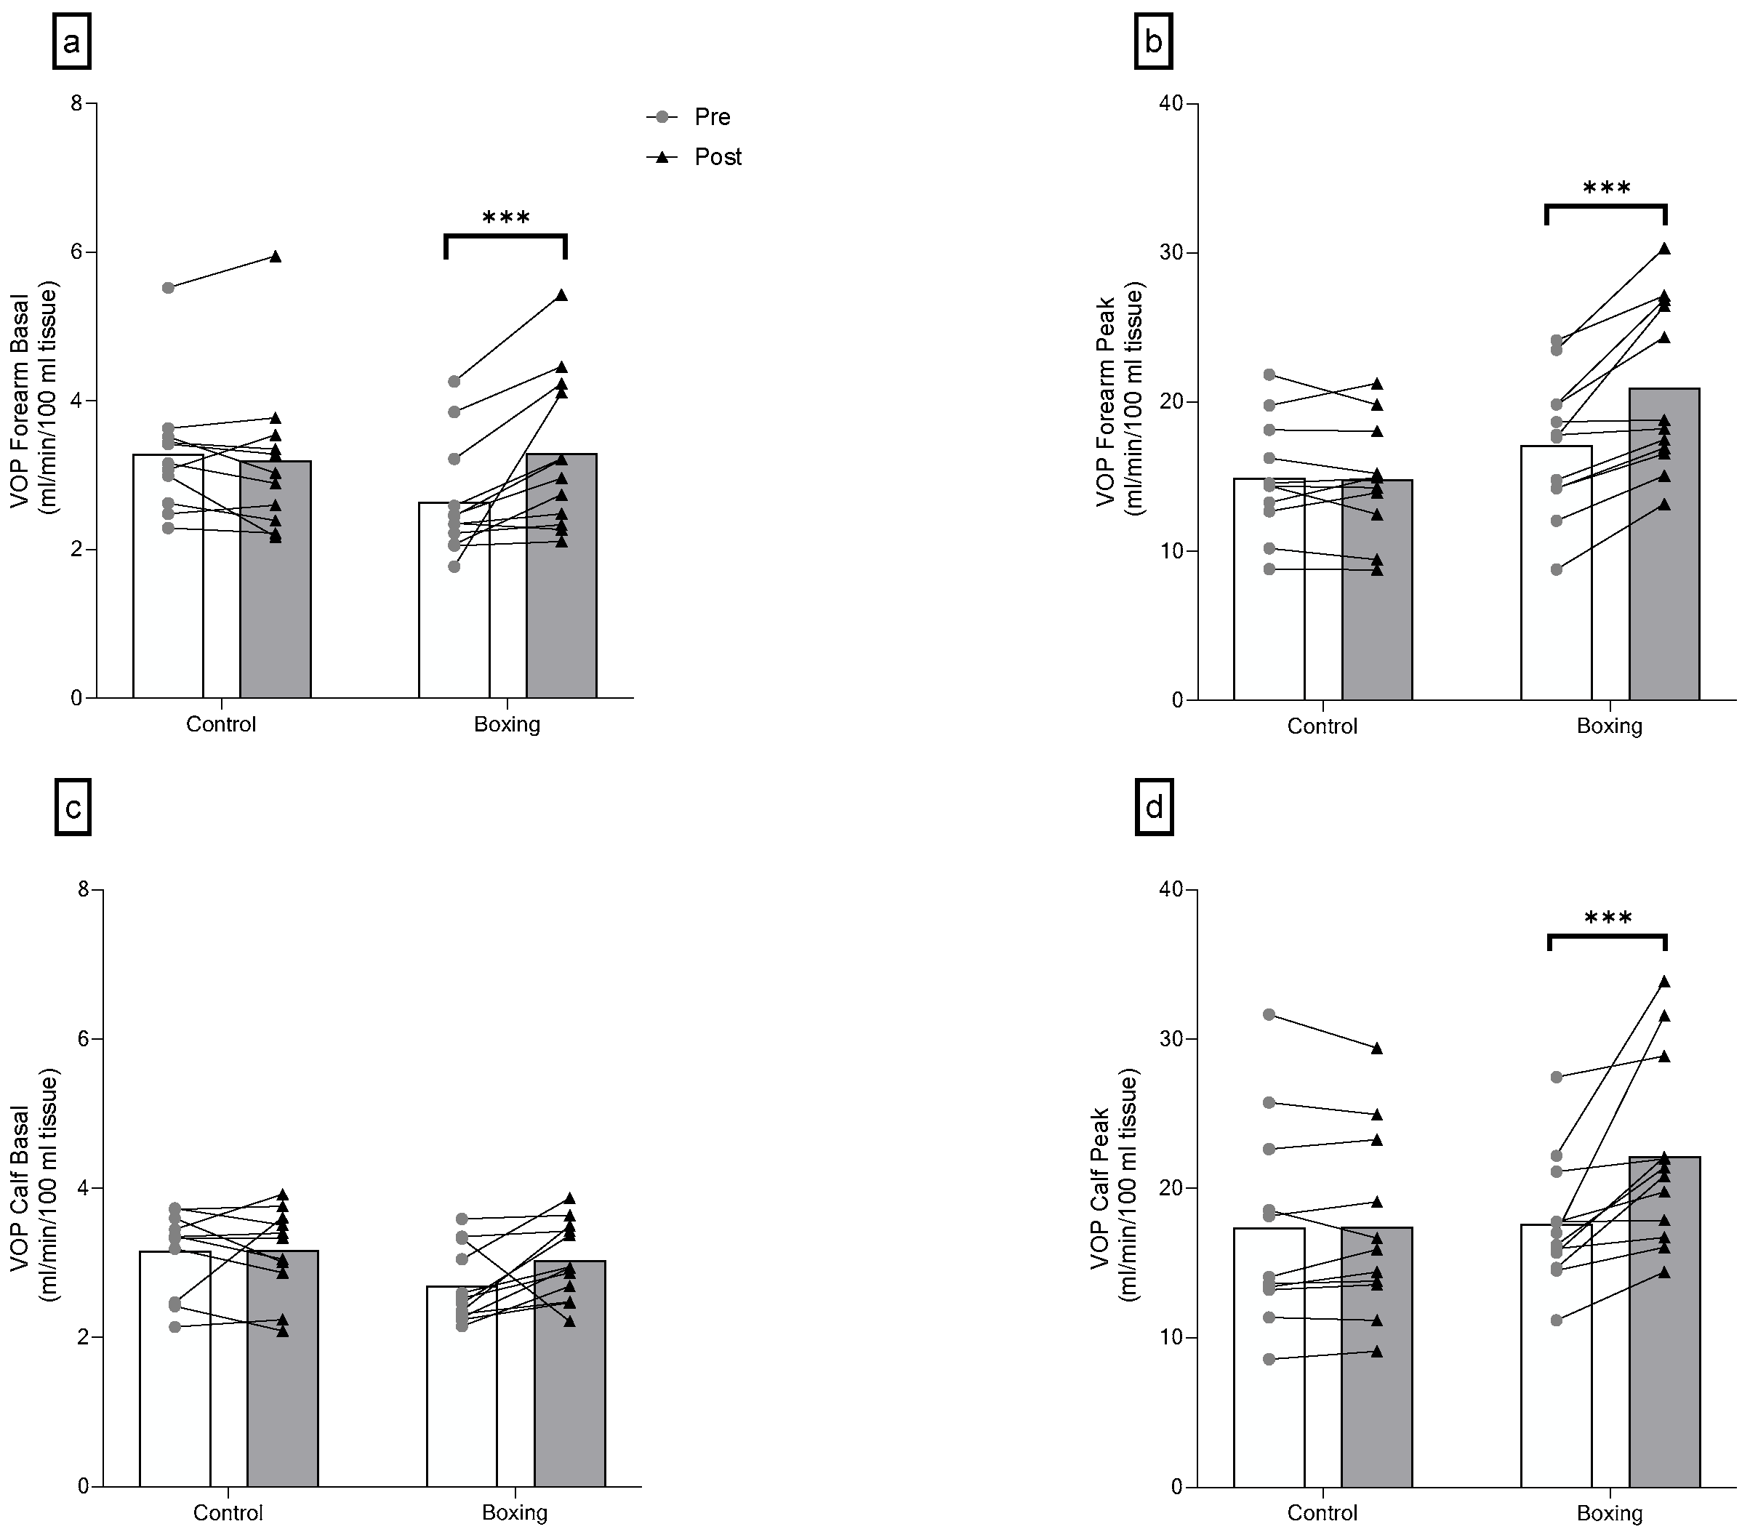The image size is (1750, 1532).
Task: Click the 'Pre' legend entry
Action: tap(710, 117)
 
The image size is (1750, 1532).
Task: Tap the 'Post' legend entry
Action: tap(716, 157)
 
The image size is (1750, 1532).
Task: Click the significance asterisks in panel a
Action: tap(506, 218)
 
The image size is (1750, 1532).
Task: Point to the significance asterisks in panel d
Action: tap(1608, 919)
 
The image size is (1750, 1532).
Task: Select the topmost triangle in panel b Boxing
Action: tap(1663, 249)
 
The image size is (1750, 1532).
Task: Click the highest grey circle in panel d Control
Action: tap(1269, 1014)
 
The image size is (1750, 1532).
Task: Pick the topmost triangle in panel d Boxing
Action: tap(1663, 982)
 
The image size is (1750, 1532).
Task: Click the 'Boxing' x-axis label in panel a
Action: tap(507, 725)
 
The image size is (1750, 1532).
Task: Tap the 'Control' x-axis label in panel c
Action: tap(228, 1512)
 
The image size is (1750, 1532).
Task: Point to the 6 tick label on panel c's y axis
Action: tap(83, 1039)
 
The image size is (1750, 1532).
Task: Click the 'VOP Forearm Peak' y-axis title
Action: tap(1104, 402)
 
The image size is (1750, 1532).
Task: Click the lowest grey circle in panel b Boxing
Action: tap(1556, 569)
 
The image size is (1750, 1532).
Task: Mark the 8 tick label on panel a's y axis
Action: tap(77, 103)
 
